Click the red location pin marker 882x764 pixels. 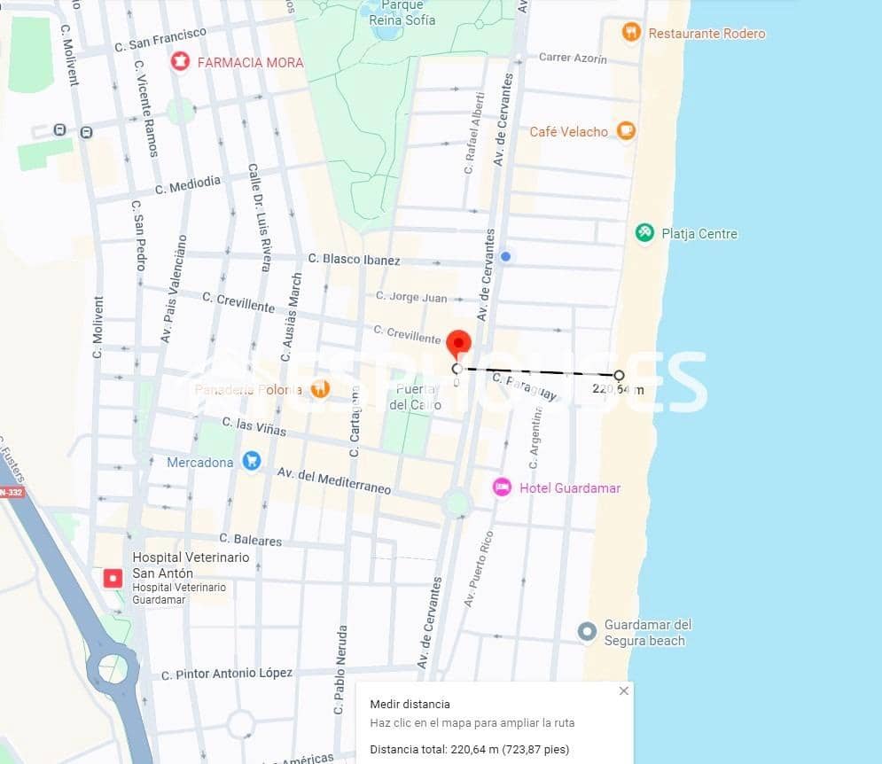458,343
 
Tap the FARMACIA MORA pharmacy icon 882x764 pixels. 181,62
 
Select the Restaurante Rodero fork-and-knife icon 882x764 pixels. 631,33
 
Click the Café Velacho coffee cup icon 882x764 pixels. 626,131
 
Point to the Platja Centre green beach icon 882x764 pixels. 644,233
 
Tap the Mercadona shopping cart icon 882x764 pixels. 252,461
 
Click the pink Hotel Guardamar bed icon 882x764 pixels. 502,487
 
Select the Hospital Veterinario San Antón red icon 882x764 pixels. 113,579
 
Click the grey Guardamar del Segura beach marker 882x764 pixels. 586,632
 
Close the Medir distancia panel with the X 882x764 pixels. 623,690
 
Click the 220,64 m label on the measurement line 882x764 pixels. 617,389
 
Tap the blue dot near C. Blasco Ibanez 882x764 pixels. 505,256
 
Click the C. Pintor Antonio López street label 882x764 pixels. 227,674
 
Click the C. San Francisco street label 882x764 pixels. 160,40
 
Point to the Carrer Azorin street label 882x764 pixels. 573,58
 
